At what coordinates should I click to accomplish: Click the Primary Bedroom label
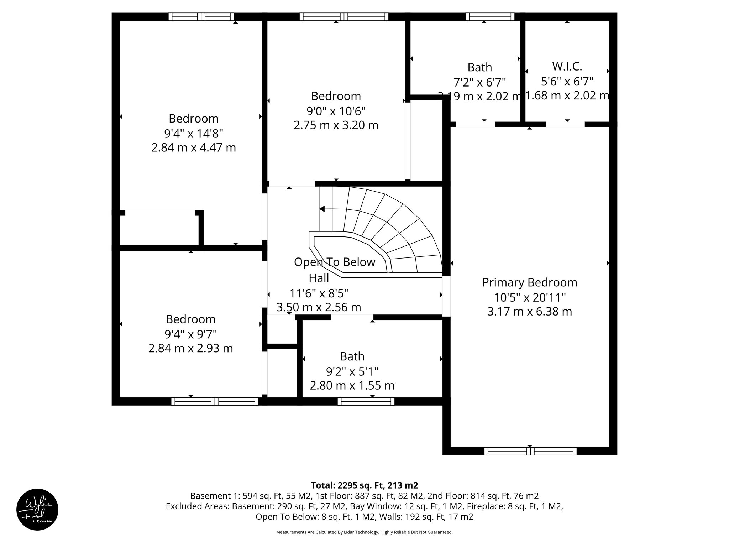point(529,282)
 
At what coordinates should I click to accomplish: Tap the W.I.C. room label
point(567,66)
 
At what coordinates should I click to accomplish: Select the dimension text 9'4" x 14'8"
point(193,134)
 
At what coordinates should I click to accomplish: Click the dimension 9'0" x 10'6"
point(336,111)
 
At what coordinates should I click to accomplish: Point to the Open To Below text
point(335,262)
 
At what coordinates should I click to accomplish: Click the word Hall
point(319,278)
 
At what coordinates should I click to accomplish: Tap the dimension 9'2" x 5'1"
point(352,371)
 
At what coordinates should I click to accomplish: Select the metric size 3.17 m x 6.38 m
point(529,312)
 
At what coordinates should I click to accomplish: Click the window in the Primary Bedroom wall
point(530,451)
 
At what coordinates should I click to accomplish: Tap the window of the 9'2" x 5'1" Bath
point(366,401)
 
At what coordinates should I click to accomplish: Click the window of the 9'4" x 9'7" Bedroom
point(215,401)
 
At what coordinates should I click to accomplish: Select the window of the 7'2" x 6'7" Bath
point(490,17)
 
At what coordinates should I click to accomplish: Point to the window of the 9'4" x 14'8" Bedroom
point(201,17)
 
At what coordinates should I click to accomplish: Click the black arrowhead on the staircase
point(322,209)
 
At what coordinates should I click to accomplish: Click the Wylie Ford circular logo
point(37,510)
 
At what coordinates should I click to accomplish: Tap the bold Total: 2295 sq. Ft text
point(364,485)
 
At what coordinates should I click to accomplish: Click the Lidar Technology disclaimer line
point(364,532)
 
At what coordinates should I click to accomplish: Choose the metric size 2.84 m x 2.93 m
point(190,348)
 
